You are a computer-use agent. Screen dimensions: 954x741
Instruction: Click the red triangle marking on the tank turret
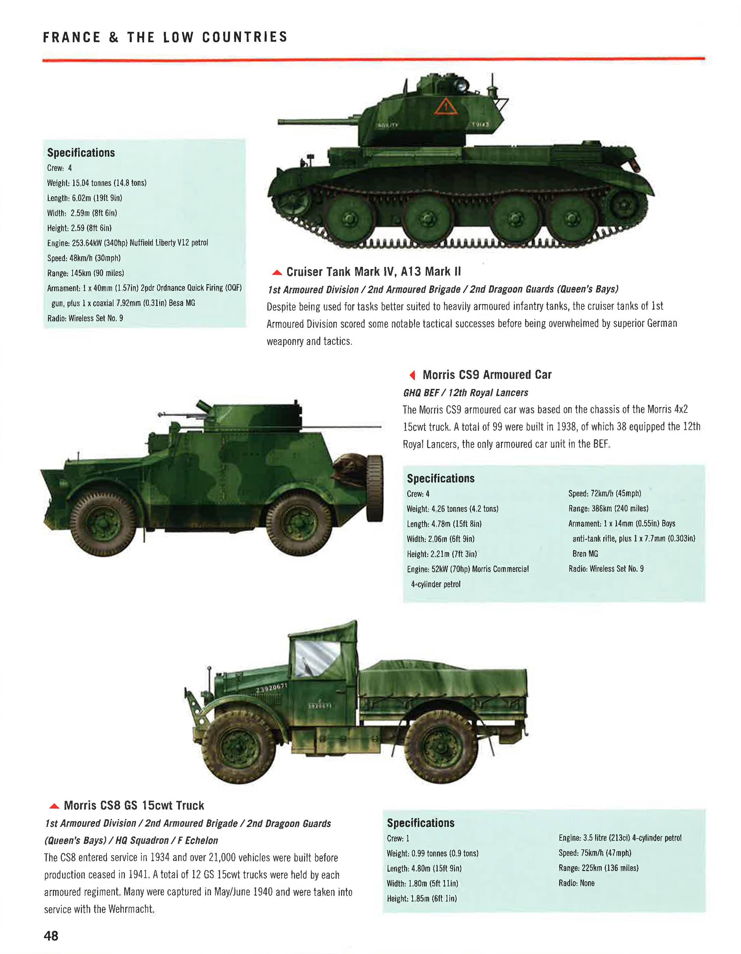446,106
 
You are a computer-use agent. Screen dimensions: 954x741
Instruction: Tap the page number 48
51,935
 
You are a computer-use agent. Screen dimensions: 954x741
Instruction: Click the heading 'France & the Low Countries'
165,37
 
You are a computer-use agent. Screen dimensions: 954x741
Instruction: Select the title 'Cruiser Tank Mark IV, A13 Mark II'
373,272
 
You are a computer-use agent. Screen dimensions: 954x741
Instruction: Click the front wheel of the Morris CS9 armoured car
104,522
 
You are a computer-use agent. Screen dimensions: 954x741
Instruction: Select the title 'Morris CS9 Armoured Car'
486,375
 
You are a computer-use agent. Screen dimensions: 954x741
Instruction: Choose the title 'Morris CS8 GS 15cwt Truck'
133,805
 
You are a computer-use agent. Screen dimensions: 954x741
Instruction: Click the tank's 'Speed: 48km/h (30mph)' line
84,258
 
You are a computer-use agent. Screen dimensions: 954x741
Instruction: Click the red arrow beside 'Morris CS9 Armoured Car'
412,375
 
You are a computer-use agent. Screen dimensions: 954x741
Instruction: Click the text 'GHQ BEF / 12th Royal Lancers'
465,393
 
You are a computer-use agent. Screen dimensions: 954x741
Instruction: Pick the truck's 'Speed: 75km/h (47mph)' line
595,853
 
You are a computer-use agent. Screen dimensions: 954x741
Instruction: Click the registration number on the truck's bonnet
271,688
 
